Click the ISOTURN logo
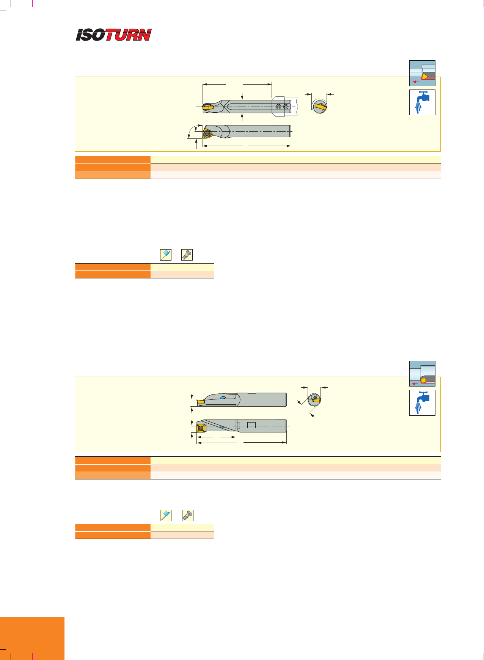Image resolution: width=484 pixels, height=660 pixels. [113, 35]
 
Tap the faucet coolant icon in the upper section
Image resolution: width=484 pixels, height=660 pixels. [422, 102]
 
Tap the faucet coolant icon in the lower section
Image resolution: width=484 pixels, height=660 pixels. [422, 403]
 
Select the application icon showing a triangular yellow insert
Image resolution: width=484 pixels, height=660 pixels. [422, 73]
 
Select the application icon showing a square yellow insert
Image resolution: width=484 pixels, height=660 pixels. [422, 374]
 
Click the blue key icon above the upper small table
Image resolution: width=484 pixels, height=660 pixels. [166, 255]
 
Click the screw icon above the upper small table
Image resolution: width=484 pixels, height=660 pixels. [187, 255]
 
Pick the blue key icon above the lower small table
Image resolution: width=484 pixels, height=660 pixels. [166, 515]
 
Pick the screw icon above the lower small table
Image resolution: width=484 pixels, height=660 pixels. [188, 515]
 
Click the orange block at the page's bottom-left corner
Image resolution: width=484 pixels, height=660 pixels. [32, 638]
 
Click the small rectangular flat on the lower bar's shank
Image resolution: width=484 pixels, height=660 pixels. [251, 425]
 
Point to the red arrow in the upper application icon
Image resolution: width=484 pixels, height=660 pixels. [416, 82]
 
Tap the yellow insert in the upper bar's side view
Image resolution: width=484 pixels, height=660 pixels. [208, 107]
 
